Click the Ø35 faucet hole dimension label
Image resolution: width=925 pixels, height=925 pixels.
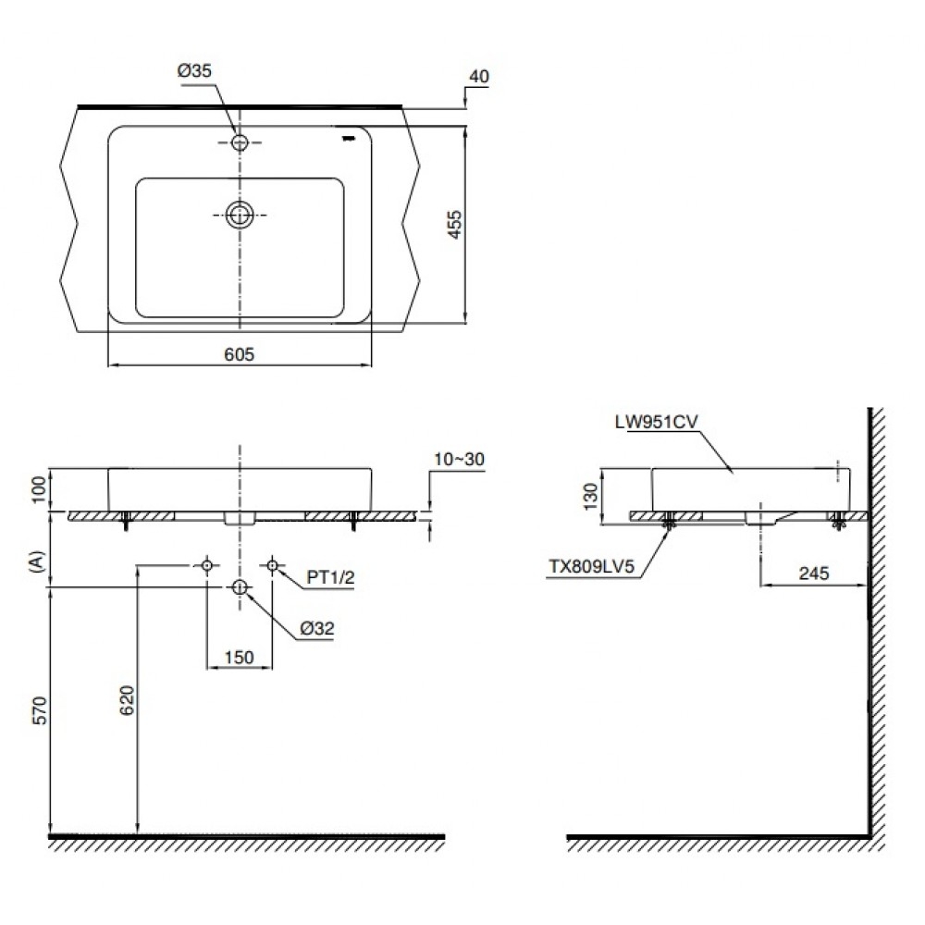pyautogui.click(x=196, y=71)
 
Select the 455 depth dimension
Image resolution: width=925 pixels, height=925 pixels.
pyautogui.click(x=453, y=224)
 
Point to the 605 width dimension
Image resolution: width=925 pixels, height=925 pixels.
pyautogui.click(x=239, y=353)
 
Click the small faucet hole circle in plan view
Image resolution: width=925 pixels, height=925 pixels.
pyautogui.click(x=240, y=142)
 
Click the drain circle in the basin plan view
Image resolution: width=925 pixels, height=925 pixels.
pyautogui.click(x=240, y=215)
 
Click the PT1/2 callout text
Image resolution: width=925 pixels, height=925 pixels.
pyautogui.click(x=330, y=579)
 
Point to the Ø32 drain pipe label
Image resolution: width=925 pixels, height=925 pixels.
pyautogui.click(x=316, y=628)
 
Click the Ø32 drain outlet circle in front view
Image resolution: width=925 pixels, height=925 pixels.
pyautogui.click(x=240, y=586)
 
